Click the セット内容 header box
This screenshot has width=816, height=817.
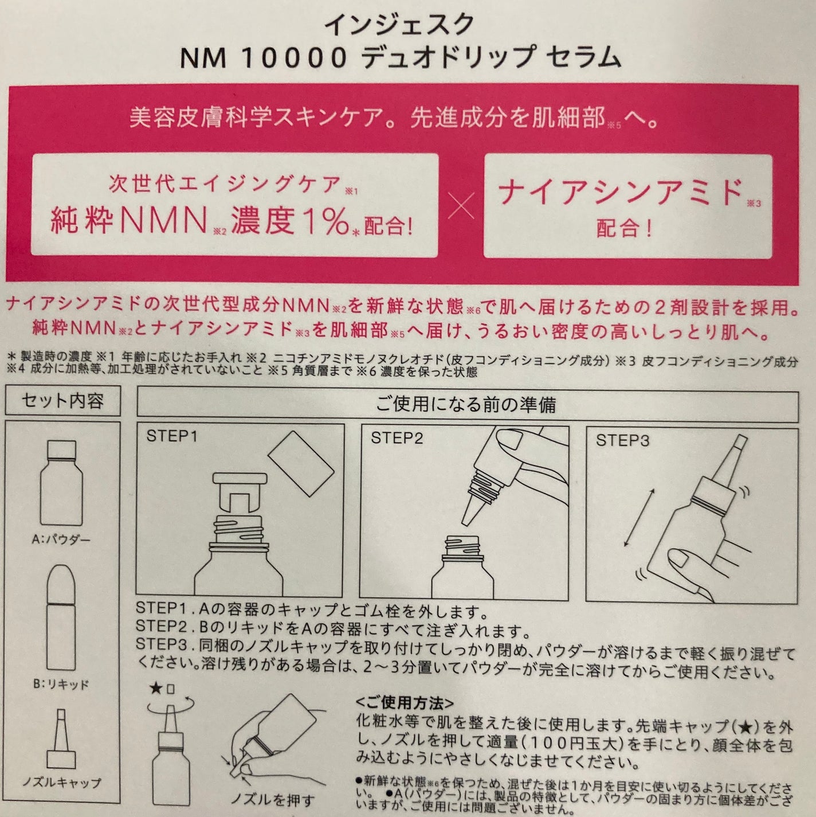pyautogui.click(x=62, y=400)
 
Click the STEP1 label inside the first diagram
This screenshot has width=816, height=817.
pyautogui.click(x=172, y=436)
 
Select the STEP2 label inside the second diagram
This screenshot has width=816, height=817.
pyautogui.click(x=397, y=438)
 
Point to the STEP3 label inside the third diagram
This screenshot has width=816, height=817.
pyautogui.click(x=622, y=441)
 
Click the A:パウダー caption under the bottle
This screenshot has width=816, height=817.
pyautogui.click(x=61, y=540)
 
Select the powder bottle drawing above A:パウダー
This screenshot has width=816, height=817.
pyautogui.click(x=61, y=483)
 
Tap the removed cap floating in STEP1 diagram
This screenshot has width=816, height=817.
pyautogui.click(x=301, y=463)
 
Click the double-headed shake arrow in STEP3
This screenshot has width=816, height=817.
pyautogui.click(x=638, y=518)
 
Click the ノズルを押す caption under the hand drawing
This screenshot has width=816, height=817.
pyautogui.click(x=273, y=800)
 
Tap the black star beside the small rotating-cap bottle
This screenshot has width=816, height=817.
pyautogui.click(x=156, y=689)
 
